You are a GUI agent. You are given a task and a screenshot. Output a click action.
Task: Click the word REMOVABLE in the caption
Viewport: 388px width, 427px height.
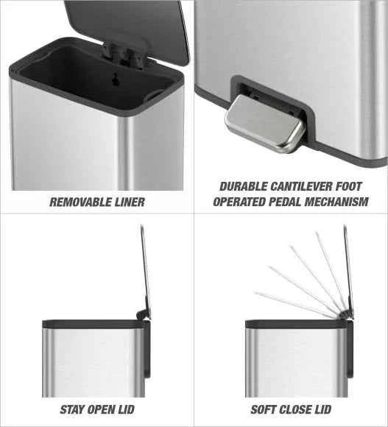pyautogui.click(x=77, y=202)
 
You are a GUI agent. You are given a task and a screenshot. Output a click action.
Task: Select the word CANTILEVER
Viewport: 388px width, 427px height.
pyautogui.click(x=301, y=186)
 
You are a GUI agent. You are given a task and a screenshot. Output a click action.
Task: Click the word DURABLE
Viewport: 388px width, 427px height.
pyautogui.click(x=244, y=186)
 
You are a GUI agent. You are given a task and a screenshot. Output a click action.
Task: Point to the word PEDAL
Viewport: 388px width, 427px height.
pyautogui.click(x=285, y=202)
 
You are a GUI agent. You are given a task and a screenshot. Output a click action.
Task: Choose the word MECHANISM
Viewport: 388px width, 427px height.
pyautogui.click(x=336, y=202)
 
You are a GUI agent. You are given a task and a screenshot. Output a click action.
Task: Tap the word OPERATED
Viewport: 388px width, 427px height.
pyautogui.click(x=239, y=202)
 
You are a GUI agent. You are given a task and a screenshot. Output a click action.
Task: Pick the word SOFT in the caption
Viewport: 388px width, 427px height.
pyautogui.click(x=264, y=409)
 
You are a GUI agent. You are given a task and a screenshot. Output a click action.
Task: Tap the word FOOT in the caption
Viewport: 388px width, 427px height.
pyautogui.click(x=348, y=186)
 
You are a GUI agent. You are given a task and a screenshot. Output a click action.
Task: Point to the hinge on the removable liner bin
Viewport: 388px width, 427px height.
pyautogui.click(x=124, y=54)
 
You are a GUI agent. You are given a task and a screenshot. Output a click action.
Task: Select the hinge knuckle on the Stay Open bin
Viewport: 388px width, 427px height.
pyautogui.click(x=141, y=314)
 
